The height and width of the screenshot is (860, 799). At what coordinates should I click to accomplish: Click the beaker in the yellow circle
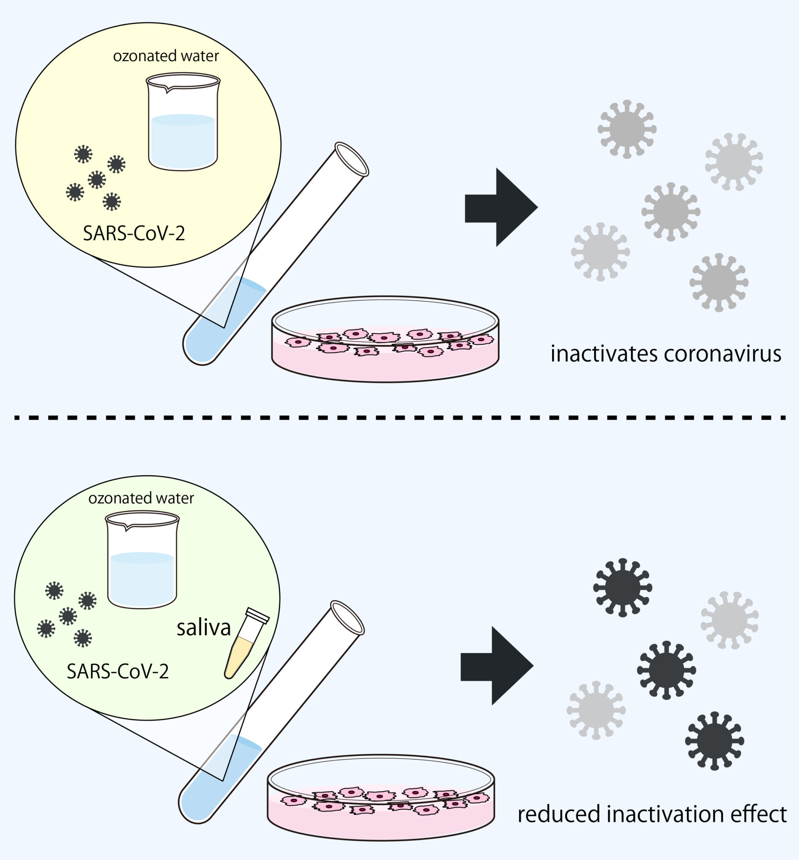[183, 122]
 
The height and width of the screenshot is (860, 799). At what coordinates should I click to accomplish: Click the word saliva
[204, 628]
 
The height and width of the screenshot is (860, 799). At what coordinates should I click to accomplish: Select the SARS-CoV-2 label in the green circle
[117, 672]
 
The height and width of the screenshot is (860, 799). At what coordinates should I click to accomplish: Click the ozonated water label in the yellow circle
[166, 56]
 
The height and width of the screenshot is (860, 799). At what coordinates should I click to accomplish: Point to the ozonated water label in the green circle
[141, 498]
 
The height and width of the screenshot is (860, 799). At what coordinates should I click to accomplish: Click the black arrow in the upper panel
[501, 207]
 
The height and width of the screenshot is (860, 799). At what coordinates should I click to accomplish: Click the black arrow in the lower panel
[497, 666]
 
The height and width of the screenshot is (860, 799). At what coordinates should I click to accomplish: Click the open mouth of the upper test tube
[352, 159]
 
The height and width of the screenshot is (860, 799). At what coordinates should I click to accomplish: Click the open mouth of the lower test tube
[347, 618]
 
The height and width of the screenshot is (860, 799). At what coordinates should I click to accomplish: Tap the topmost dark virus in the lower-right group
[623, 588]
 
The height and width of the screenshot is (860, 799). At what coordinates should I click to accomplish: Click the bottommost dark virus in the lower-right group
[715, 741]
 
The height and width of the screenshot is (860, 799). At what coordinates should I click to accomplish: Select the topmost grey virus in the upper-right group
[627, 129]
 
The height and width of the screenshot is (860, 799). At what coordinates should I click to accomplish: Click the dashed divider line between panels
[400, 418]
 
